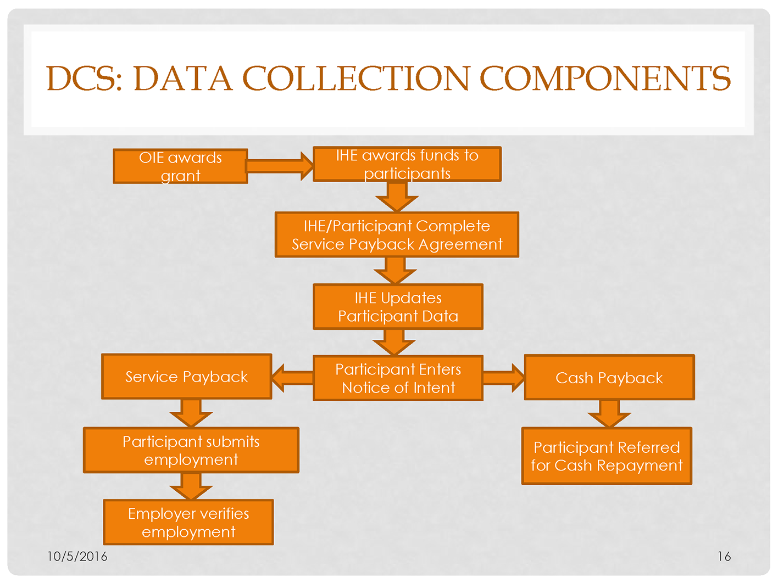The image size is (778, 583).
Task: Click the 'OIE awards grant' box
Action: [x=180, y=166]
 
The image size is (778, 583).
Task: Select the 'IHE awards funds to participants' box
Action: [x=407, y=164]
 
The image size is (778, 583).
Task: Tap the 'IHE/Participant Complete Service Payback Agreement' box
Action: [x=397, y=235]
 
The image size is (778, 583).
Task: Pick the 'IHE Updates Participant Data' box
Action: [x=398, y=307]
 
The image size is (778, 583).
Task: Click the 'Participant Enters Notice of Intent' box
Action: [x=398, y=378]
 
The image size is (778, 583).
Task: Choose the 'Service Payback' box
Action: [x=186, y=377]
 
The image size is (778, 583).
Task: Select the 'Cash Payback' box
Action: [x=609, y=378]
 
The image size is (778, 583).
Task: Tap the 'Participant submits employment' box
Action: [x=191, y=450]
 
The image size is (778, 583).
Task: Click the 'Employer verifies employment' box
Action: [x=188, y=522]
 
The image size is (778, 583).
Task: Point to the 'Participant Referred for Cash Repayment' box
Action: [x=607, y=456]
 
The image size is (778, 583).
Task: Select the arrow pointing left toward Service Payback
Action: [x=292, y=378]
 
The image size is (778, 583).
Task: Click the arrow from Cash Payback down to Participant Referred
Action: [x=609, y=413]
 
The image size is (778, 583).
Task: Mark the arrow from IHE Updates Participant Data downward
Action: [x=394, y=342]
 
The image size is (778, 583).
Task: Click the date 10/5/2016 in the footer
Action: [x=77, y=557]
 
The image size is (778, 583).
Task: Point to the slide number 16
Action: [x=724, y=557]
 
